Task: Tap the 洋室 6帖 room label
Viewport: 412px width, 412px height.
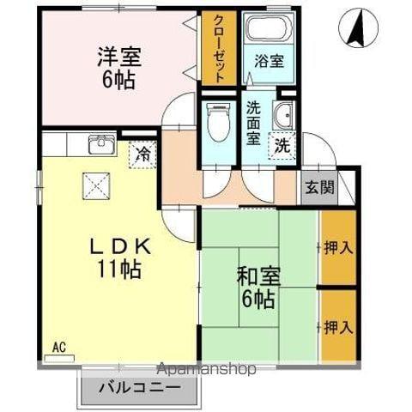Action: (119, 68)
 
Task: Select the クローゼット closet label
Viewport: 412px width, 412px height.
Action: (219, 48)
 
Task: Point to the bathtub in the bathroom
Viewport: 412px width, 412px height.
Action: (267, 31)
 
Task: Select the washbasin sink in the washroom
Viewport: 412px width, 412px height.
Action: (283, 118)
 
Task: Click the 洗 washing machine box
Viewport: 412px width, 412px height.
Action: (282, 146)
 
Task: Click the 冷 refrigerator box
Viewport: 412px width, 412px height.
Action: (142, 154)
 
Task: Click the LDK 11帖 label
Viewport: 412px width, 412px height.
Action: (120, 255)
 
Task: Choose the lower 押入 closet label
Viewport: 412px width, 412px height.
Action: (338, 326)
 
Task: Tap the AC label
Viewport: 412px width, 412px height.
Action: (58, 348)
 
